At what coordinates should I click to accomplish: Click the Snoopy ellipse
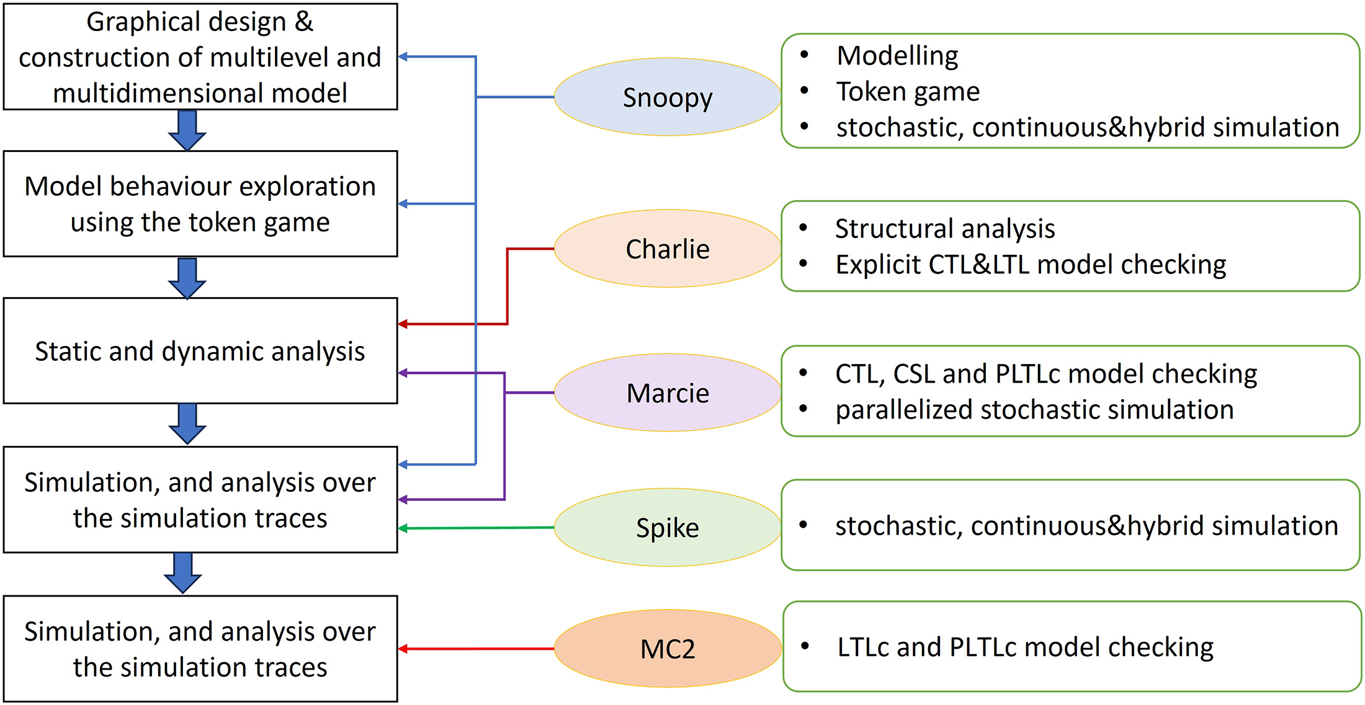point(667,97)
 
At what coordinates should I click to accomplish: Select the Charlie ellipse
point(667,249)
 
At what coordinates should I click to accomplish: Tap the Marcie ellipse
point(667,393)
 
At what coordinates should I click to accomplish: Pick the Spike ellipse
point(667,528)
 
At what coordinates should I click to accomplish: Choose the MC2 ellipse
point(667,649)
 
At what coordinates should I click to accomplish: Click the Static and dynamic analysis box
point(200,351)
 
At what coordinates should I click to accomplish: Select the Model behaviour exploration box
point(200,204)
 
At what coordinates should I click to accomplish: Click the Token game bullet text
point(908,92)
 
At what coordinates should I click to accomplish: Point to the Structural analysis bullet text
point(944,229)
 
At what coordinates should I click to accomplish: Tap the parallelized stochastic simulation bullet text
point(1034,410)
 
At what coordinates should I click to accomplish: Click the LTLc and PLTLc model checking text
point(1025,647)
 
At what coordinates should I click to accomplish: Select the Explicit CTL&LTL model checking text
point(1031,265)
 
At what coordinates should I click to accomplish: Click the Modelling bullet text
point(897,56)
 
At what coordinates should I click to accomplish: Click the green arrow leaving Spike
point(478,528)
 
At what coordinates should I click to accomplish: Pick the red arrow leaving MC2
point(478,649)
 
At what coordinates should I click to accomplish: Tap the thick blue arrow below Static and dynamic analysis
point(187,423)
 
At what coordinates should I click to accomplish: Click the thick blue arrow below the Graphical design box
point(187,130)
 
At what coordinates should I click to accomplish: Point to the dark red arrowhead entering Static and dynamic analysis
point(403,324)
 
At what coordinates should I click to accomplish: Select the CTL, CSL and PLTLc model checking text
point(1045,374)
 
